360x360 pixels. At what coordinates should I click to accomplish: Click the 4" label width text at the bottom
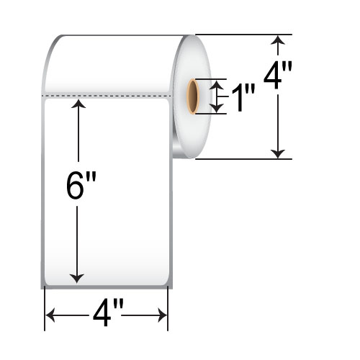coord(108,315)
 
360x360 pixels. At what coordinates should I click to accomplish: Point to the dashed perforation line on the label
coord(108,94)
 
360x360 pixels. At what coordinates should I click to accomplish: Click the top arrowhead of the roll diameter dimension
coord(278,40)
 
